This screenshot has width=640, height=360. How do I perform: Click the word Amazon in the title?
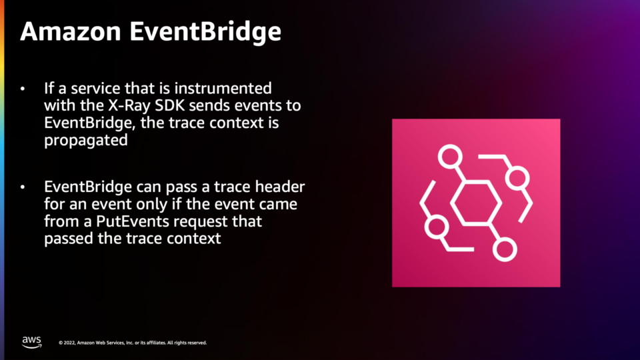(71, 31)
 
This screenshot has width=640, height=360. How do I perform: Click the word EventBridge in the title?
(205, 32)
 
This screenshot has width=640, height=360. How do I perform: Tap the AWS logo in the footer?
(32, 342)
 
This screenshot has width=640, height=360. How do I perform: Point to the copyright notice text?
(133, 343)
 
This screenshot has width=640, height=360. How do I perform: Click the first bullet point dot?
(23, 89)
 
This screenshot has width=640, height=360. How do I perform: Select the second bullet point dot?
(23, 187)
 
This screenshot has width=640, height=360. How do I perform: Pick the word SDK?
(170, 105)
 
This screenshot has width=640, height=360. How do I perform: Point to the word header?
(280, 187)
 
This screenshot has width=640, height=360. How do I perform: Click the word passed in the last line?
(69, 239)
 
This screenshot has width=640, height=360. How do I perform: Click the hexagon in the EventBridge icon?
(476, 203)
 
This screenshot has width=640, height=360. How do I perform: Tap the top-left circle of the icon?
(450, 156)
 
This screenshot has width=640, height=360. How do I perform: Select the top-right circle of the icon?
(517, 179)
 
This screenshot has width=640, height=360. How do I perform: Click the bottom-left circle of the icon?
(437, 227)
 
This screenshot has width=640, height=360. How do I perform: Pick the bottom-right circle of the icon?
(505, 249)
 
